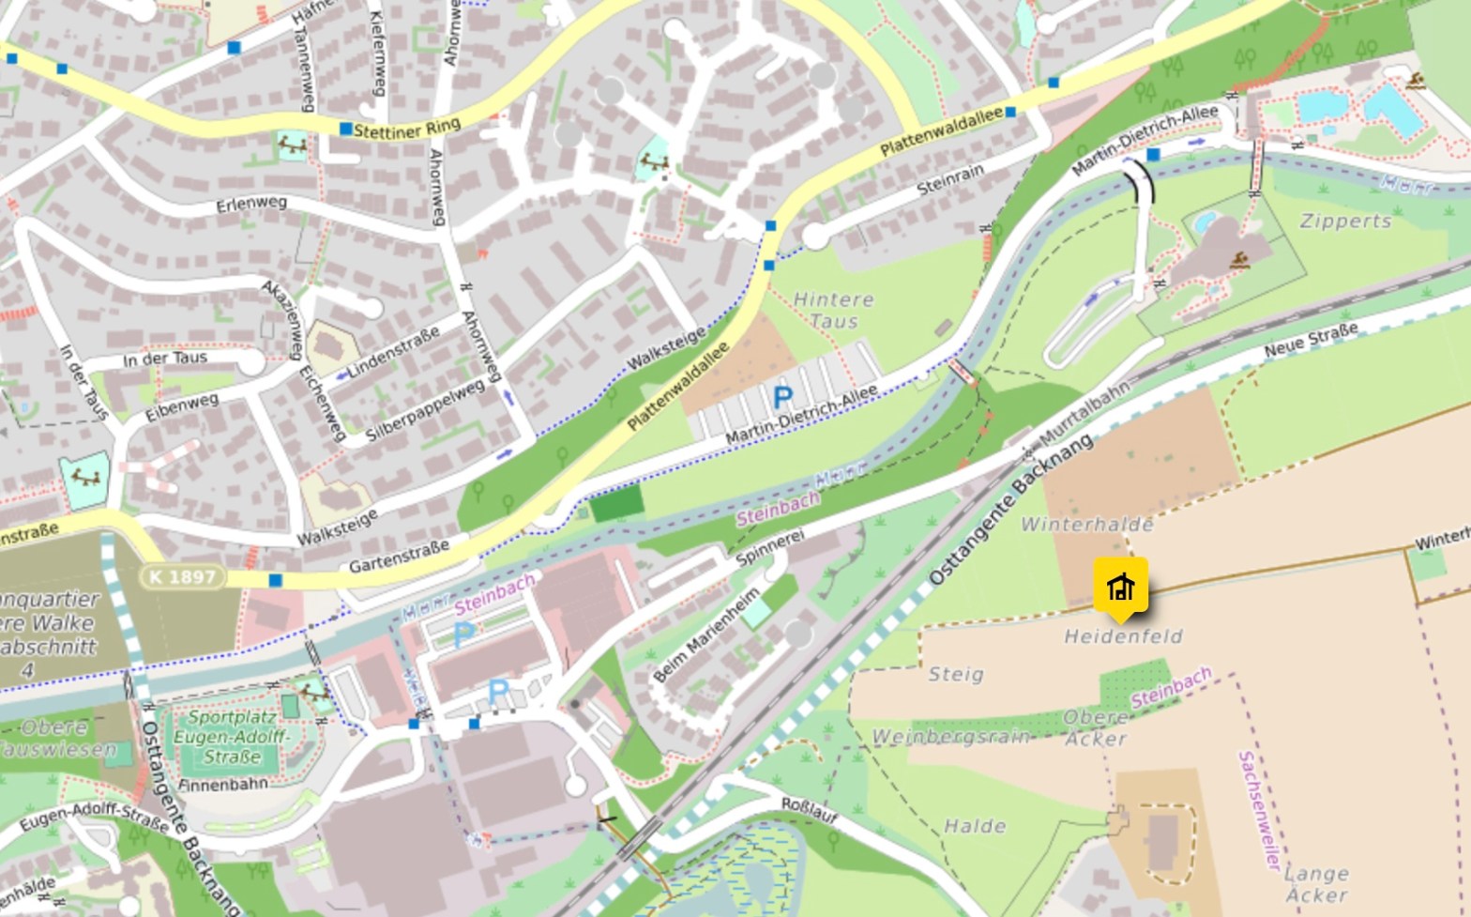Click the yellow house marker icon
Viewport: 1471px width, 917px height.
(1120, 588)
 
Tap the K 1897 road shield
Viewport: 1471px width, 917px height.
(182, 576)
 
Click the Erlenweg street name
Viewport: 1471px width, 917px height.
(251, 204)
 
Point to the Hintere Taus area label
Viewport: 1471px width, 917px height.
(833, 310)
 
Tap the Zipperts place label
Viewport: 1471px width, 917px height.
(1345, 222)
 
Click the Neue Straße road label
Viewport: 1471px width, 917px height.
(1311, 340)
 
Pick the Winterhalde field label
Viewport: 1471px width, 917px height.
(1086, 524)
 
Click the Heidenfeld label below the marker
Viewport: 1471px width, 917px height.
(1123, 636)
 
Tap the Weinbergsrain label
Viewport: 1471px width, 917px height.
(951, 737)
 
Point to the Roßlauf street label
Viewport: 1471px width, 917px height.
(810, 811)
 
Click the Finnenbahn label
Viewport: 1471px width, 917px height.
(222, 785)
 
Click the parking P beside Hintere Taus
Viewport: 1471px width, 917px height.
(782, 397)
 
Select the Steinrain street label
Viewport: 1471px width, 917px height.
(950, 179)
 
